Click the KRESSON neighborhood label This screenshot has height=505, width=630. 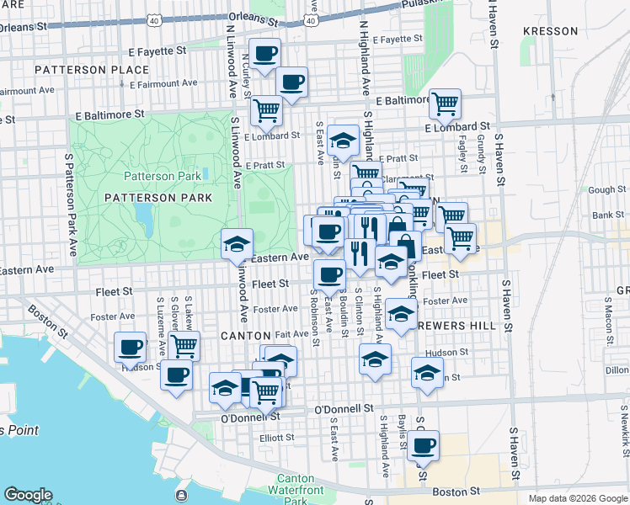[551, 31]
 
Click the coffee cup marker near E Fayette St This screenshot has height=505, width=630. [264, 54]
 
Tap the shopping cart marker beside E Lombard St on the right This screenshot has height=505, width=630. [445, 104]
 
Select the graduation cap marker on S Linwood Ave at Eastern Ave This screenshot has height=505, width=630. [237, 244]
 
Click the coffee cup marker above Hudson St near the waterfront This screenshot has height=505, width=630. [131, 346]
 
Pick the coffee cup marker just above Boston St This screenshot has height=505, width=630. [423, 444]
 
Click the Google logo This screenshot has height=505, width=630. [28, 494]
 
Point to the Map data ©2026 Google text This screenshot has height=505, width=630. [577, 498]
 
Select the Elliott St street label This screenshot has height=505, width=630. [277, 438]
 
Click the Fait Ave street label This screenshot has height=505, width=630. [291, 334]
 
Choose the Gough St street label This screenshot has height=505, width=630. [606, 190]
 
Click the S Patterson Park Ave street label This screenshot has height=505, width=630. [66, 194]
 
